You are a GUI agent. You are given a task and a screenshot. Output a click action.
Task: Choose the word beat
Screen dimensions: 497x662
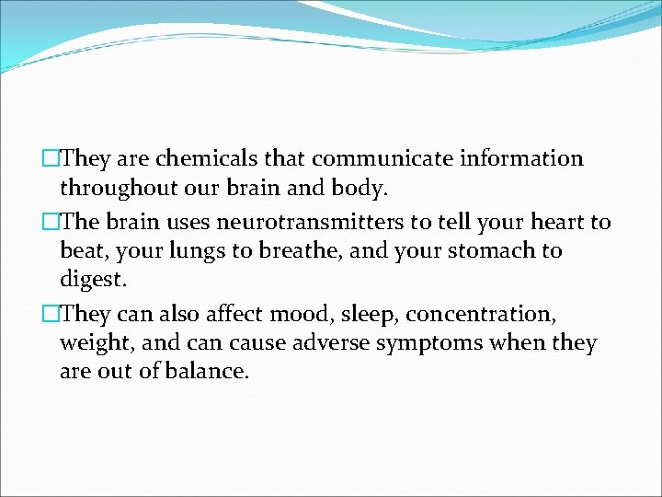point(81,251)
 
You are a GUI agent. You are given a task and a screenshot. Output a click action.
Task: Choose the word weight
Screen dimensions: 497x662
point(92,345)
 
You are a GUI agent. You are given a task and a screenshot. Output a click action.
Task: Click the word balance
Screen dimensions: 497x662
point(204,374)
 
